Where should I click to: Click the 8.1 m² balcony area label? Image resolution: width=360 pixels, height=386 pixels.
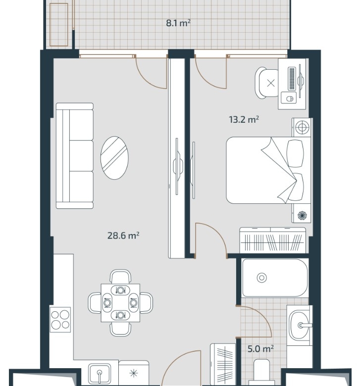point(178,23)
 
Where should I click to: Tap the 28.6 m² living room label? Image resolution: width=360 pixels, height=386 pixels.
point(123,236)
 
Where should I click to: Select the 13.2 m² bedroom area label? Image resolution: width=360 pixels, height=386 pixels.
point(244,119)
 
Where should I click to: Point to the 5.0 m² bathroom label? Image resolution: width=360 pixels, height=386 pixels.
point(260,348)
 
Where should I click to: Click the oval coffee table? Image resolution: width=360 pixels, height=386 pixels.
point(114,158)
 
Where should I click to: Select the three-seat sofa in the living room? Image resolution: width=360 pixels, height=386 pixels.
point(75,155)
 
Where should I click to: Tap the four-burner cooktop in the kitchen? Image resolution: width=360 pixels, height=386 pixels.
point(60,320)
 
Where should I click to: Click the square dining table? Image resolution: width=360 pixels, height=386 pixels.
point(120,303)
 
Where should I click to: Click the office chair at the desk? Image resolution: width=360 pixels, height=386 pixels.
point(267,83)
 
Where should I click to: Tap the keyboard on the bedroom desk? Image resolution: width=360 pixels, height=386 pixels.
point(292,78)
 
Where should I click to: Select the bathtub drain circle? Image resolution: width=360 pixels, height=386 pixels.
point(261,278)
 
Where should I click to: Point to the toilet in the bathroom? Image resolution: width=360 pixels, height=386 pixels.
point(261,372)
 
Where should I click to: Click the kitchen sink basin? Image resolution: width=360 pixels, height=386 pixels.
point(100,375)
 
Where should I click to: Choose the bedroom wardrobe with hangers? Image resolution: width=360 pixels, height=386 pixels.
point(273,241)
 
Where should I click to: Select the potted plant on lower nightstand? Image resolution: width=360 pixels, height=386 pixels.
point(302,215)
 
